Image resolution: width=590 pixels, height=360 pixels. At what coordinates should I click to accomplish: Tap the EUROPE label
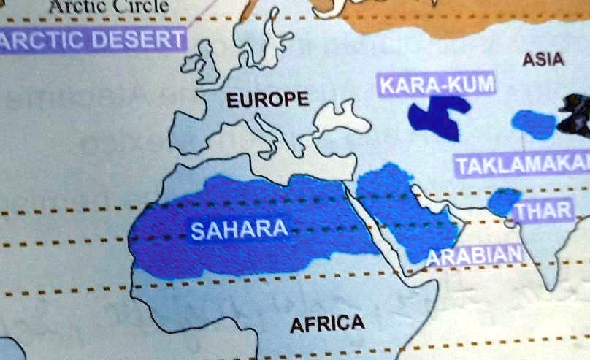[267, 100]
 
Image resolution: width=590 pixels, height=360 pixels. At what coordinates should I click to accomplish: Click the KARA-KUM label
[436, 85]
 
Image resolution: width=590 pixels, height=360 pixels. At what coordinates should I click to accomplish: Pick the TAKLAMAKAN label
[523, 165]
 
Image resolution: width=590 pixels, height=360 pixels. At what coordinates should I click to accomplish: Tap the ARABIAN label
[474, 256]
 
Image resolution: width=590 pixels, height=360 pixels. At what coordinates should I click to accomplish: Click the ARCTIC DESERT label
[91, 39]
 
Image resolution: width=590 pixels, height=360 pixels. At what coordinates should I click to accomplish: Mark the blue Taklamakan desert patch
[536, 124]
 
